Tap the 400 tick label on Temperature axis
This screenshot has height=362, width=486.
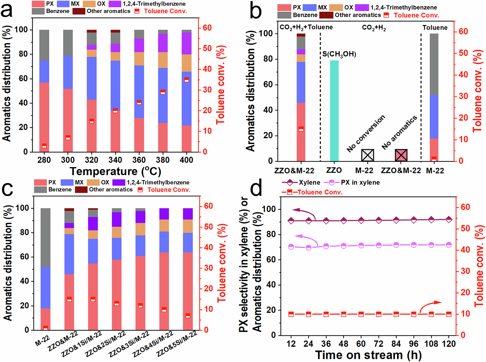click(x=186, y=160)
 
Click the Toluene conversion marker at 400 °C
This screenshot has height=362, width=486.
click(x=187, y=80)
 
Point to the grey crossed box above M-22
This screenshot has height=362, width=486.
click(x=367, y=155)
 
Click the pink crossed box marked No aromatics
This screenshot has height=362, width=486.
click(x=401, y=155)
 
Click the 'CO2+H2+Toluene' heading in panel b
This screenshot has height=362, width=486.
click(x=306, y=27)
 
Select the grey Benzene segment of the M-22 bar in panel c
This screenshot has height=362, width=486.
click(x=46, y=237)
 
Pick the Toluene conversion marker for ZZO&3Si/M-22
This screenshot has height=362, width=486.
click(x=141, y=305)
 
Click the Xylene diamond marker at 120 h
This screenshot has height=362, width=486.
click(x=449, y=219)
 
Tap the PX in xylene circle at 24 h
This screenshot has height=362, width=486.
click(x=309, y=247)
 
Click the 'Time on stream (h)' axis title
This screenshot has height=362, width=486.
click(x=368, y=355)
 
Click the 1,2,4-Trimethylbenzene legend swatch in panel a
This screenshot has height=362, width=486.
click(x=115, y=4)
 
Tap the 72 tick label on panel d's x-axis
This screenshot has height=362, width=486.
click(x=378, y=344)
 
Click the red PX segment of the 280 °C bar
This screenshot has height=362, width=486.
click(x=44, y=117)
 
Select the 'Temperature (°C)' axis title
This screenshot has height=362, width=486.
click(x=115, y=171)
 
